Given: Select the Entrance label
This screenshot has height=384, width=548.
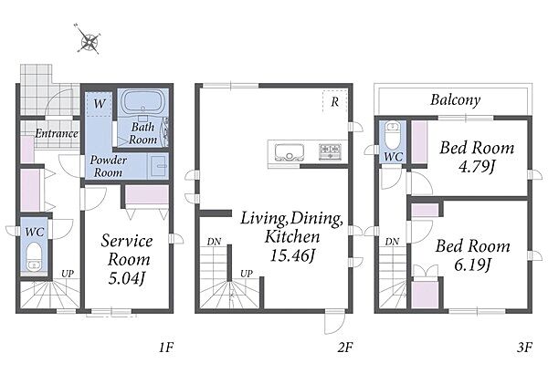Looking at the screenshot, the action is point(57,133).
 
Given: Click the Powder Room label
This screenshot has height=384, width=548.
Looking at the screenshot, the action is point(109,166).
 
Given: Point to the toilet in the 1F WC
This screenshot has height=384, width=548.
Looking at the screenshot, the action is point(35,256).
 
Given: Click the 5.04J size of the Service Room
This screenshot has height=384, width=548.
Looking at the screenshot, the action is point(127,278).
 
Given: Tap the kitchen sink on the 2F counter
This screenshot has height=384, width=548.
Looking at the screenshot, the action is point(289,152).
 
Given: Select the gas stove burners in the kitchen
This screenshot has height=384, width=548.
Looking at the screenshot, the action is point(330,151).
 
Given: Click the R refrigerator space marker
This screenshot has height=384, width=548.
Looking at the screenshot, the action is point(335,102).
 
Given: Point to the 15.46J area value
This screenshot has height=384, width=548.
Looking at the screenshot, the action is point(292,255).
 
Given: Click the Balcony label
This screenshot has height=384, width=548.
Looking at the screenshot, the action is point(455,100).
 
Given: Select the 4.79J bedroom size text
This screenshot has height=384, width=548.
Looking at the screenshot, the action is point(477,167).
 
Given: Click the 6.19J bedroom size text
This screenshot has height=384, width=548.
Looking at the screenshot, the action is point(473,265).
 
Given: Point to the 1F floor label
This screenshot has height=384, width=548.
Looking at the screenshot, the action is point(166,348).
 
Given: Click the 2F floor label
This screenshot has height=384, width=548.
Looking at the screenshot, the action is point(345,348).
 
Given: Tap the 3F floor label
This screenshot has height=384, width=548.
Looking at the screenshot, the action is point(524,348).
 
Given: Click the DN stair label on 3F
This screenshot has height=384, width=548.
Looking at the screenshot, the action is point(392,242).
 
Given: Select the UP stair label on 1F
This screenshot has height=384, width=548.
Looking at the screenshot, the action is point(68,274).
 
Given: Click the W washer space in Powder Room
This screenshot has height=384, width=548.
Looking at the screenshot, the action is point(100,104).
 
